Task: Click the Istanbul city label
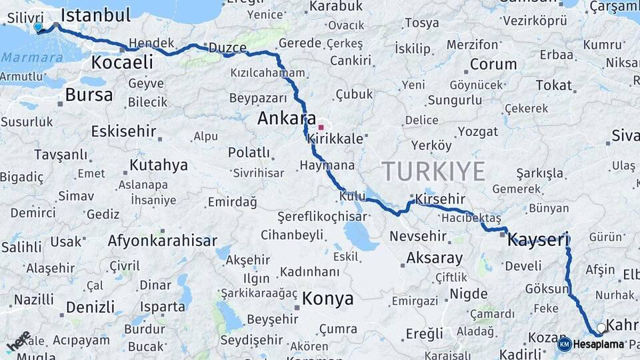tap(95, 15)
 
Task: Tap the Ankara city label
tap(287, 119)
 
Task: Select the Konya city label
tap(327, 299)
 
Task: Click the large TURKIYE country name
tap(434, 172)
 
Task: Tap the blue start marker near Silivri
tap(38, 27)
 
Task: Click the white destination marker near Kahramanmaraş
tap(601, 328)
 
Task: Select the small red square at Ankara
tap(321, 127)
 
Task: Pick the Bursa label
tap(89, 95)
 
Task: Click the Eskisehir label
tap(125, 131)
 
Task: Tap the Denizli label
tap(91, 307)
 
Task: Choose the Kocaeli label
tap(122, 63)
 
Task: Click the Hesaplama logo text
tap(599, 344)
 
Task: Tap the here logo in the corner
tap(18, 341)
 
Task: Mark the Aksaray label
tap(434, 258)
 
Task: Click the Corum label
tap(493, 65)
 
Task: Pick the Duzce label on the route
tap(227, 48)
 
